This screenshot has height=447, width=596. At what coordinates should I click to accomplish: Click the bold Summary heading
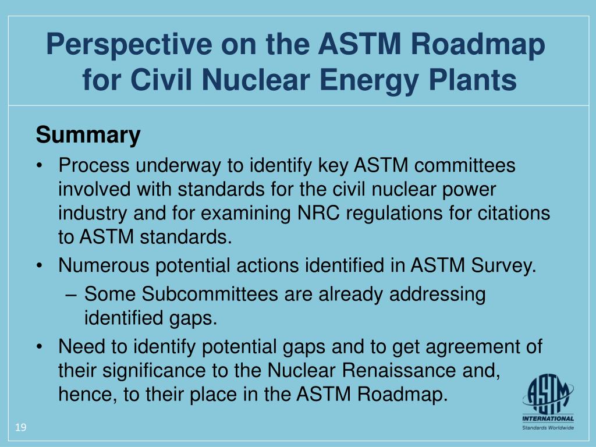[x=88, y=135]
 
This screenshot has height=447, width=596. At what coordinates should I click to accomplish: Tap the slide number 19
[x=21, y=428]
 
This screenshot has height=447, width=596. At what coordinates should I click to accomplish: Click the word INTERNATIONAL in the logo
[x=547, y=418]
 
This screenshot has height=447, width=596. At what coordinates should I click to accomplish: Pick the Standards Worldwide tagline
[x=547, y=428]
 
